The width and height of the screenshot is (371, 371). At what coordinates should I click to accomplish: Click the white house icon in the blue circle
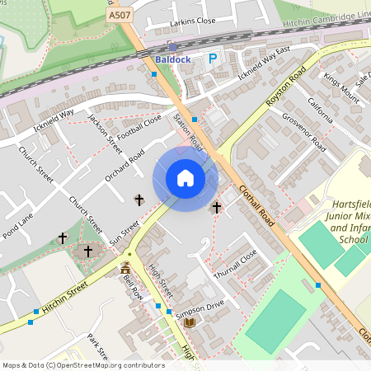tap(185, 178)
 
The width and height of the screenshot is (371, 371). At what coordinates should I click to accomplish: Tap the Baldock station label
tap(172, 59)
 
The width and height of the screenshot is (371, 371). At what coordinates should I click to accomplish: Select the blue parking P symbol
tap(213, 59)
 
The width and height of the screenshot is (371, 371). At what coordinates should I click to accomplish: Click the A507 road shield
tap(118, 16)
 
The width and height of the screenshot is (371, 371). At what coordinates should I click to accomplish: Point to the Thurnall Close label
tap(237, 264)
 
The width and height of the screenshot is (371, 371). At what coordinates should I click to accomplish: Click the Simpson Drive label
tap(200, 308)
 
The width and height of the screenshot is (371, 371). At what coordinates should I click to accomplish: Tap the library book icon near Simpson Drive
tap(190, 322)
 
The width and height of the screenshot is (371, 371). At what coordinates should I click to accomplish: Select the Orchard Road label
tap(124, 165)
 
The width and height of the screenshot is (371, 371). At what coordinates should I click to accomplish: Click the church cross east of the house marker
tap(217, 208)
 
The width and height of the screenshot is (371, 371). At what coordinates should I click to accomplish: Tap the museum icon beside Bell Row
tap(125, 269)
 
